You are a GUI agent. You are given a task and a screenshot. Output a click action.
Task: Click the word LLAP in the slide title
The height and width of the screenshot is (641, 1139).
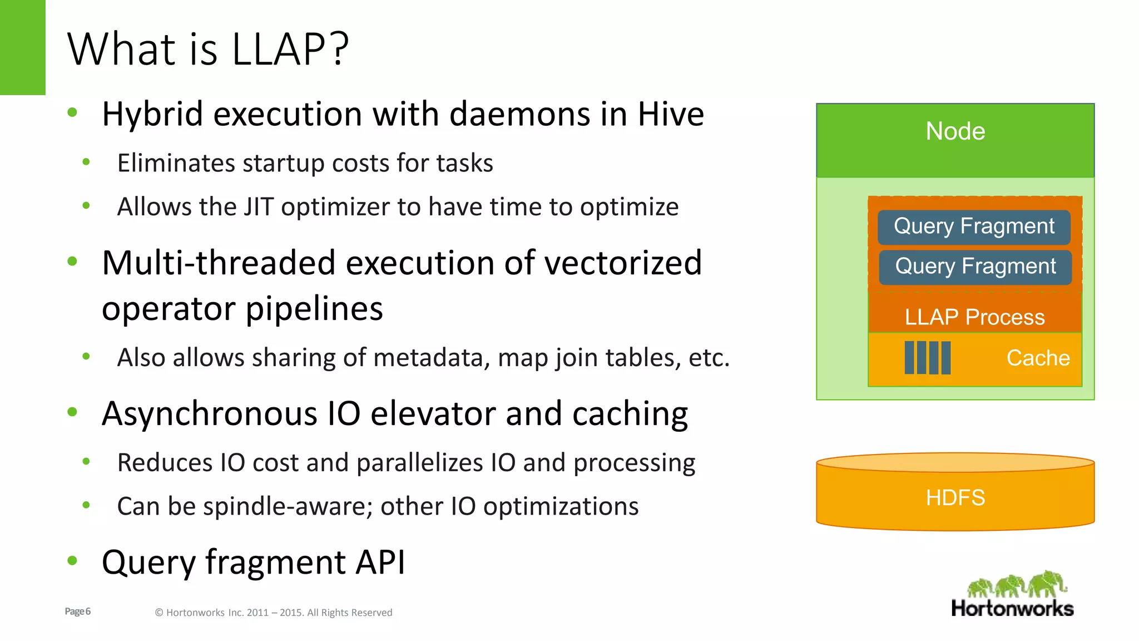(278, 49)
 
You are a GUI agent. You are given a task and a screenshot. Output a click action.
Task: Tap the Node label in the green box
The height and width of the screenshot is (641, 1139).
(955, 131)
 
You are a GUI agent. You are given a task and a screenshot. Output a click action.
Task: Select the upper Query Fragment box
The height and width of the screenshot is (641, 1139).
(974, 226)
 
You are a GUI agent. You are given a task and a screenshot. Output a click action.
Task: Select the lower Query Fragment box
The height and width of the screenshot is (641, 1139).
(975, 267)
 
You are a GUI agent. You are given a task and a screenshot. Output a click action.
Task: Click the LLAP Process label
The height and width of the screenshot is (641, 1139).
(974, 317)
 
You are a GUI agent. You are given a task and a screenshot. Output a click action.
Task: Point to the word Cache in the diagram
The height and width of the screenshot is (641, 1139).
(1038, 358)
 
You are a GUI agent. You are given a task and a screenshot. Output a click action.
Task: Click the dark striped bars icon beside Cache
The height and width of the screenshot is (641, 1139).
(927, 358)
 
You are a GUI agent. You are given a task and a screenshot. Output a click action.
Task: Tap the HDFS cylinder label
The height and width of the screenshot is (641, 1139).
(955, 497)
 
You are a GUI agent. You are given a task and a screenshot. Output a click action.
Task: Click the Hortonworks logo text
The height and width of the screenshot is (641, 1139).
(1012, 608)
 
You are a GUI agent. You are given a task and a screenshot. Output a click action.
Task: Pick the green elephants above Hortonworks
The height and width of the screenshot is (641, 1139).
(1017, 584)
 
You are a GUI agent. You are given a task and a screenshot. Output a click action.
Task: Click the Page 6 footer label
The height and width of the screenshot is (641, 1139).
(78, 612)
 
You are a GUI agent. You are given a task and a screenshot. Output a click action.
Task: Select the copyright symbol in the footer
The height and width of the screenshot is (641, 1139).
(159, 613)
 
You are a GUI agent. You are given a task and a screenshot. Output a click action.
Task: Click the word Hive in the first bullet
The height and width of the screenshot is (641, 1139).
(671, 115)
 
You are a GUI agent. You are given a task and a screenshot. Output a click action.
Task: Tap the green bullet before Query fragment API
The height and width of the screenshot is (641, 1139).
(72, 560)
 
